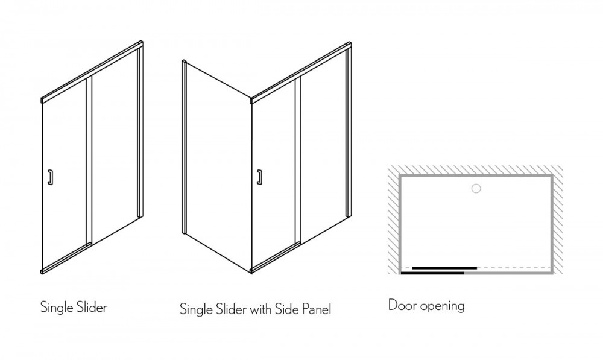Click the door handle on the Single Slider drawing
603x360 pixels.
click(51, 177)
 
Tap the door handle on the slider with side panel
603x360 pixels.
click(260, 177)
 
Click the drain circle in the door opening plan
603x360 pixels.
click(476, 189)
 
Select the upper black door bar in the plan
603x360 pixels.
click(444, 268)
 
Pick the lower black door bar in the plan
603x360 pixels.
click(432, 273)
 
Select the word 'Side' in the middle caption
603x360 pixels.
click(287, 309)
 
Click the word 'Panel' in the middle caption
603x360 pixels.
click(317, 309)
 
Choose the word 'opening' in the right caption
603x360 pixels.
click(443, 306)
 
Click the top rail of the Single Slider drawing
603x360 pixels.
click(92, 72)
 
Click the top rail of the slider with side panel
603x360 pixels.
click(301, 72)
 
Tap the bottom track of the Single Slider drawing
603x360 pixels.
click(66, 258)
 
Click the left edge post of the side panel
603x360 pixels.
click(184, 147)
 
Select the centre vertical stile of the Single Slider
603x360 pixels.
click(89, 162)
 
